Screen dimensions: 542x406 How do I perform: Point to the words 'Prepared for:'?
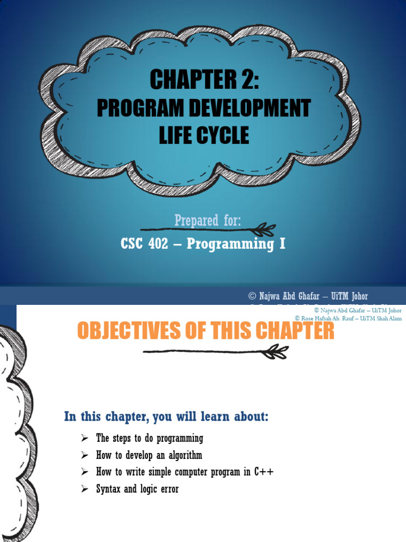[207, 220]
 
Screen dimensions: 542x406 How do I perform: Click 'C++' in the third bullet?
[264, 472]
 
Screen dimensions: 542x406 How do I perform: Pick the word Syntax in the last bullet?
[108, 489]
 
